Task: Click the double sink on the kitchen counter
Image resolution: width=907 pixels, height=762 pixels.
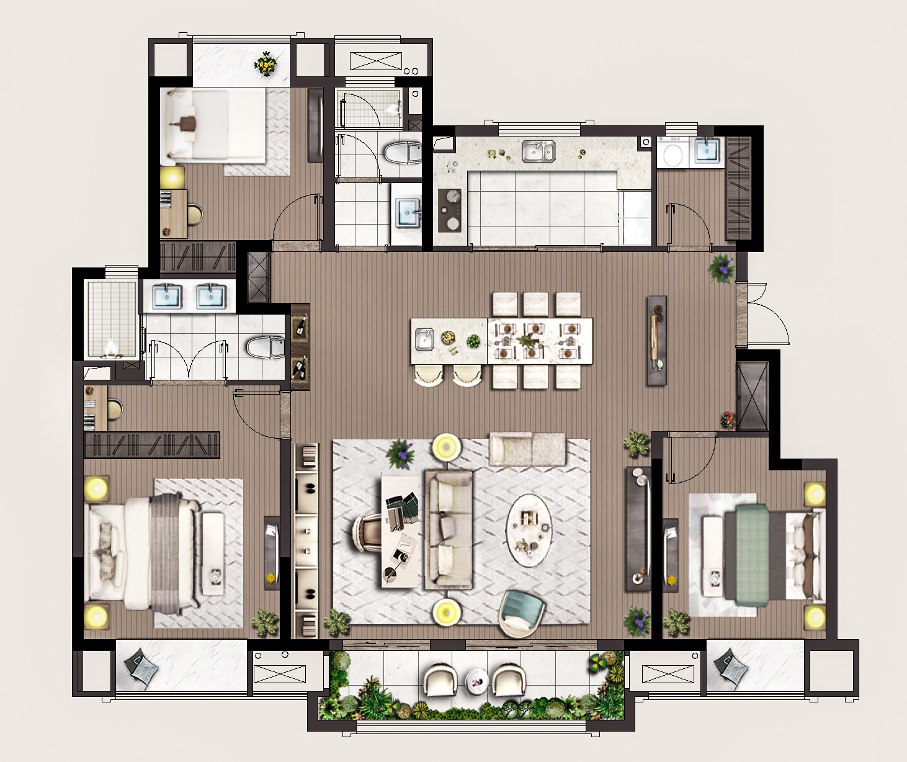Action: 538,151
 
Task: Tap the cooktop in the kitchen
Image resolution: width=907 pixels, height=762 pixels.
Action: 450,210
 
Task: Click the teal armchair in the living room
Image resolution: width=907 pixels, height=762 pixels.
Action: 521,611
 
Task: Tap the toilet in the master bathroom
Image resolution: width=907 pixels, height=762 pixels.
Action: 266,347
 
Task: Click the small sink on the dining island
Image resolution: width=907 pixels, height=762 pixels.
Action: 425,339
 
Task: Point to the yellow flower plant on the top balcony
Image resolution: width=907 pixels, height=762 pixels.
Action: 267,64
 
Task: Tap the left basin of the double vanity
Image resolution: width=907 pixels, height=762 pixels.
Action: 166,296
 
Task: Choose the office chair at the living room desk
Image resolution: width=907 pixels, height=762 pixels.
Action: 369,534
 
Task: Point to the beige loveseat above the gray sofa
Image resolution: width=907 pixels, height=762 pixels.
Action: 527,449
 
